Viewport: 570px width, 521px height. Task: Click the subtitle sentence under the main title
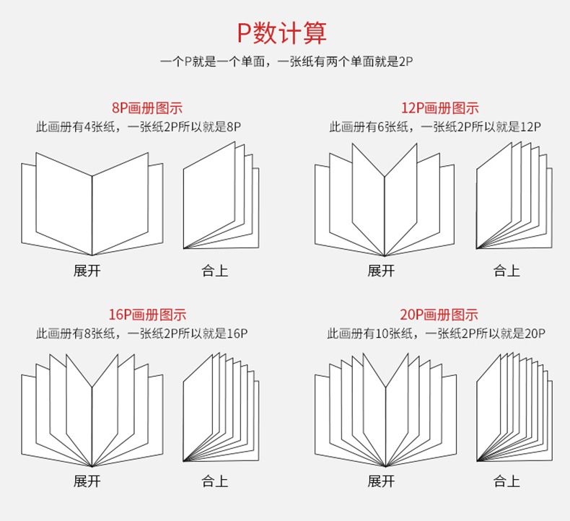click(285, 63)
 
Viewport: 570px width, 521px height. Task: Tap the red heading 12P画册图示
click(439, 108)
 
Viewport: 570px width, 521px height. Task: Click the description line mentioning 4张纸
click(139, 127)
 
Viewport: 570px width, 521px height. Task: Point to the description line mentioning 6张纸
click(435, 127)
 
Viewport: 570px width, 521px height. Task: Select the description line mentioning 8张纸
click(142, 333)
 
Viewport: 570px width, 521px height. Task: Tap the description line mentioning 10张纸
click(436, 333)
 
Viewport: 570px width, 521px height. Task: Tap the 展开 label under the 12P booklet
click(381, 271)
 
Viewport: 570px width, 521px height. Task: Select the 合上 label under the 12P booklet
click(507, 271)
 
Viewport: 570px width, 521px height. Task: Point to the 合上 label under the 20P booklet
click(507, 481)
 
